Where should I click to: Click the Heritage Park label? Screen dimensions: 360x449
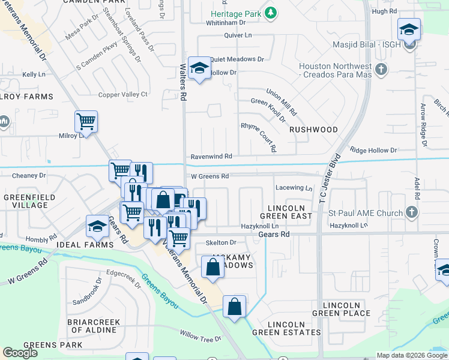237,13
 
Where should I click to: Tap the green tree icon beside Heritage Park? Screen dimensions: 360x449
271,12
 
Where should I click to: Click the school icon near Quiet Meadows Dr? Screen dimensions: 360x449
199,68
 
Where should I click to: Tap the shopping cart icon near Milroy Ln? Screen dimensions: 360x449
86,122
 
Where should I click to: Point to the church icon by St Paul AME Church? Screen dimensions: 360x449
411,212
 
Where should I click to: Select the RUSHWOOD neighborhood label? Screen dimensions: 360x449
313,130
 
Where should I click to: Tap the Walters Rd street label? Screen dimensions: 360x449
184,77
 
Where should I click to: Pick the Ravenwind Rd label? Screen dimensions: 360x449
211,156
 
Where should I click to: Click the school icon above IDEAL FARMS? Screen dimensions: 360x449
97,226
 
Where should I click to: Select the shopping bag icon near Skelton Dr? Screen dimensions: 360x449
212,267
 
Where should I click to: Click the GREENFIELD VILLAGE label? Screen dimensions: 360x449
25,201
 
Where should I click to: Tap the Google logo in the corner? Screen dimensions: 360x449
20,352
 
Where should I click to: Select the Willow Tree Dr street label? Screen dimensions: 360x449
200,339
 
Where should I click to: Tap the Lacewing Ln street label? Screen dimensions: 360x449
294,188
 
